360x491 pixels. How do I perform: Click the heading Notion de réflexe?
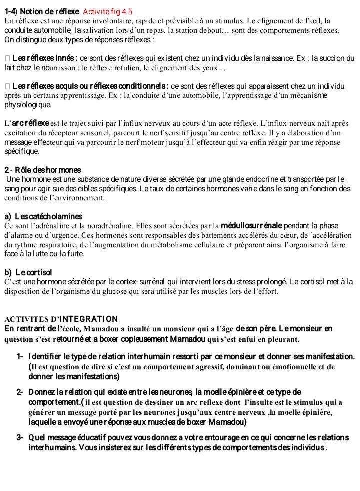click(48, 12)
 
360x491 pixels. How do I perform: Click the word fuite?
click(75, 254)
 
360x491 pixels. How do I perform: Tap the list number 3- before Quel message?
click(20, 437)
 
